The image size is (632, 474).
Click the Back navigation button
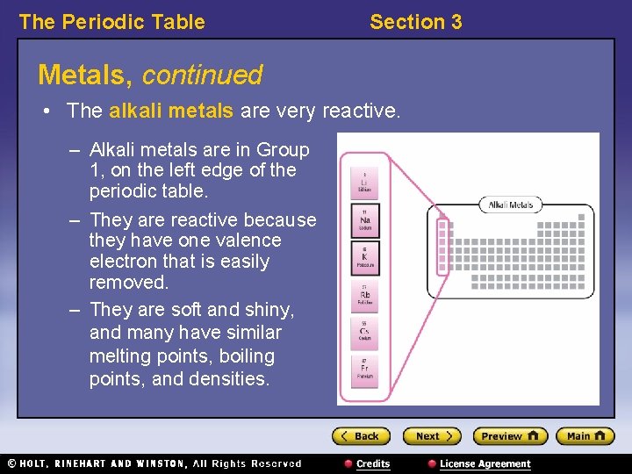(x=360, y=436)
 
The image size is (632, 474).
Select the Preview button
(x=509, y=436)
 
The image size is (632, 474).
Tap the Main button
(x=585, y=436)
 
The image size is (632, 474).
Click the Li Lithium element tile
(x=364, y=183)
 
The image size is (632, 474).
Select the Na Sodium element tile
(x=364, y=221)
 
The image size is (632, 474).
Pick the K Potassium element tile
(x=364, y=258)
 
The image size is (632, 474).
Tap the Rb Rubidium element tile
(x=364, y=295)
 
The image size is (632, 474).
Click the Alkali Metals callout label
(x=511, y=205)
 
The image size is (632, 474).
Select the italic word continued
(x=202, y=75)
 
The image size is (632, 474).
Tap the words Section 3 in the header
(x=415, y=22)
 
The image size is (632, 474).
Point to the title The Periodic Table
(x=111, y=22)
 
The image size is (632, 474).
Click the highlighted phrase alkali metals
(x=171, y=111)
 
